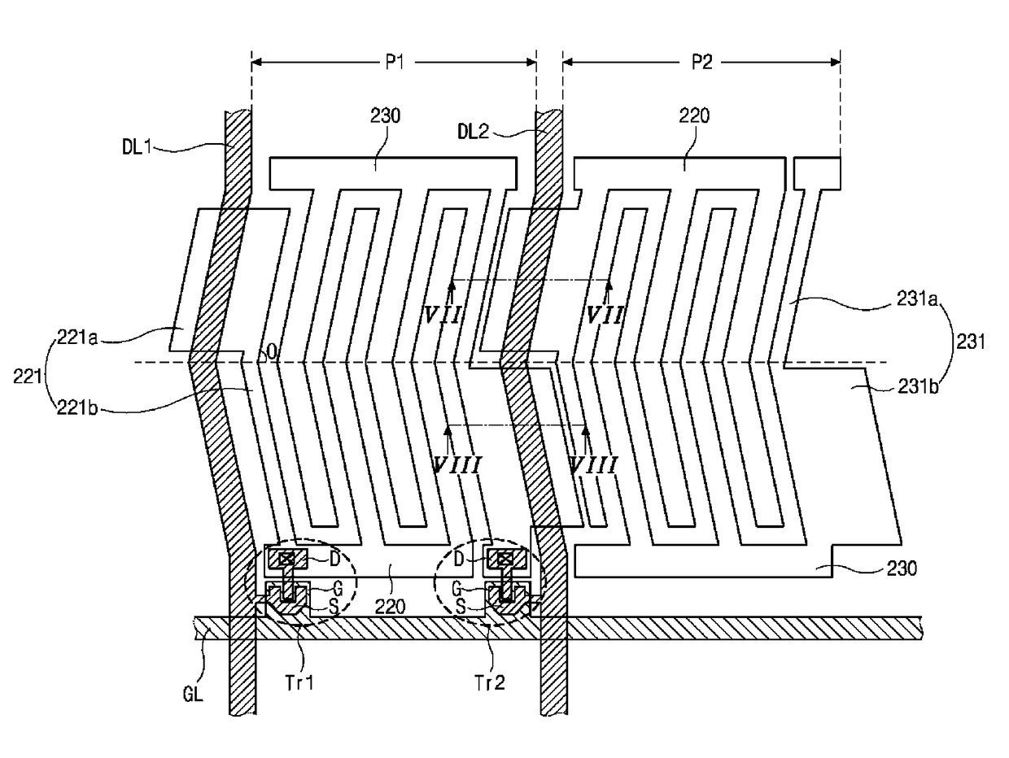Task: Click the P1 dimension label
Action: tap(395, 63)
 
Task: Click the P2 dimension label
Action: tap(702, 63)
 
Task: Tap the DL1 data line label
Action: tap(137, 147)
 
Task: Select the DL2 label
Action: tap(473, 132)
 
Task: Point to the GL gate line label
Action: tap(193, 694)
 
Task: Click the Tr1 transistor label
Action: tap(299, 683)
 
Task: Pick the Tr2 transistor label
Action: tap(490, 683)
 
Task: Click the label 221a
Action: tap(77, 338)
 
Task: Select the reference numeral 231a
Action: tap(917, 299)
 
